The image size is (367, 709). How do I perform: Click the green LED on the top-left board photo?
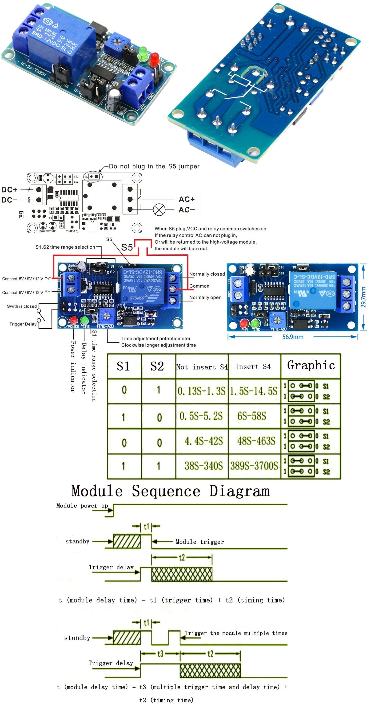[143, 52]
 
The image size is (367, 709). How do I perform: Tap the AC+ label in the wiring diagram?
[187, 199]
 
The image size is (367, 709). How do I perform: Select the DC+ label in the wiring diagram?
[9, 190]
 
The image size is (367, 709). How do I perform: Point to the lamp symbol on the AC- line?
[159, 210]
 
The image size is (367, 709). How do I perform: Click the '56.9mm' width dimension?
[293, 337]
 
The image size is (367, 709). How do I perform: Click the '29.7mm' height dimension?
[363, 297]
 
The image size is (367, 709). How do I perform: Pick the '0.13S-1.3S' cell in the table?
[201, 391]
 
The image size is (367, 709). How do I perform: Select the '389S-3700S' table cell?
[254, 466]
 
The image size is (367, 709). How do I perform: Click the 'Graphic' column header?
[311, 366]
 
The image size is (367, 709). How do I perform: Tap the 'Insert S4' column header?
[253, 367]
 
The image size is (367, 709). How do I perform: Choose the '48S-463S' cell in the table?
[256, 441]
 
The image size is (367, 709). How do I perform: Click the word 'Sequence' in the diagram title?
[166, 491]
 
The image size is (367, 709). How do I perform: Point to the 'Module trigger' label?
[200, 542]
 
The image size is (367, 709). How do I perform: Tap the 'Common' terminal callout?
[199, 286]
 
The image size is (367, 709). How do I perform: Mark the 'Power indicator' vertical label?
[73, 366]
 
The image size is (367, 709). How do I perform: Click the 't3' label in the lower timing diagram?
[160, 653]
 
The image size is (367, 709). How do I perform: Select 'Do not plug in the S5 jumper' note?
[154, 166]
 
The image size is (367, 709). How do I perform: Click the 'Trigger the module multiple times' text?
[236, 633]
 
